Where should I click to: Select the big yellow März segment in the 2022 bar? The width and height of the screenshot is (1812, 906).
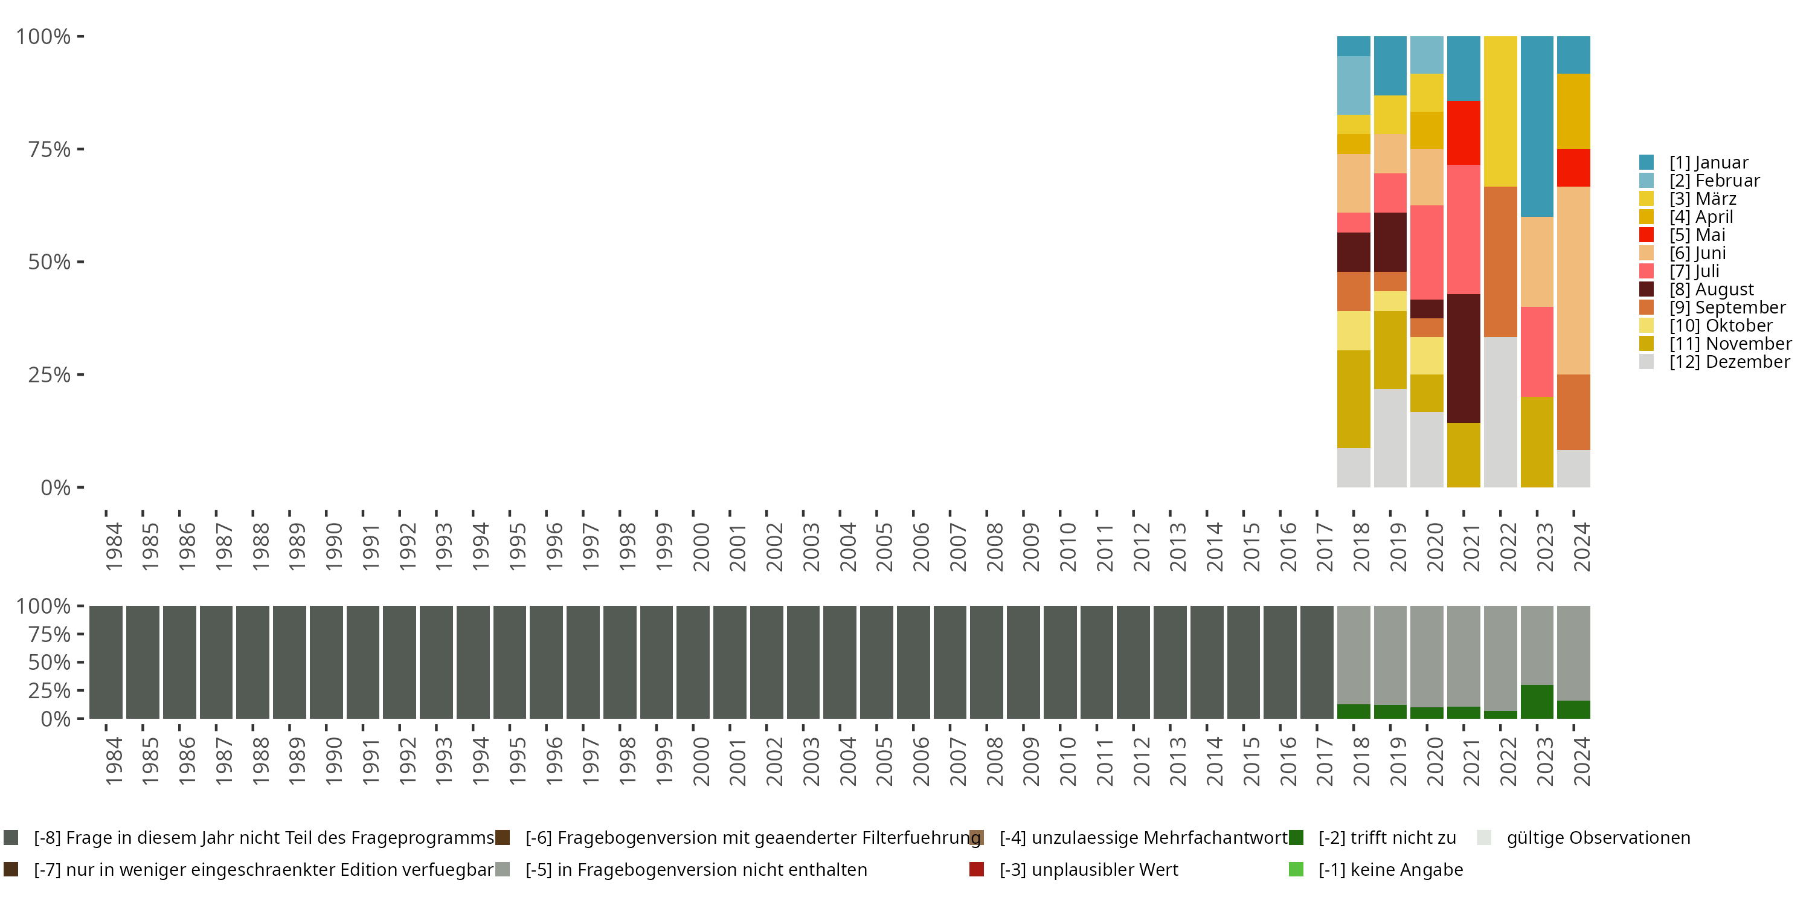click(x=1500, y=111)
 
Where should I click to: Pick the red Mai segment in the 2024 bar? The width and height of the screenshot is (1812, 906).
click(x=1573, y=167)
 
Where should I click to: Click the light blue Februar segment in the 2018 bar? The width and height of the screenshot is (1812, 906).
click(x=1354, y=85)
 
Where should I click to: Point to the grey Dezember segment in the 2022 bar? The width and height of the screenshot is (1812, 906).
click(x=1500, y=411)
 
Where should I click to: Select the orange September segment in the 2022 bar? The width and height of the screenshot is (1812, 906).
click(x=1500, y=262)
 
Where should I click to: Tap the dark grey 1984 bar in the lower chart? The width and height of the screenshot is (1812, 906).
click(x=106, y=662)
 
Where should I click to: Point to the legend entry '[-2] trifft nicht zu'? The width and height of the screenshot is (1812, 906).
click(x=1386, y=838)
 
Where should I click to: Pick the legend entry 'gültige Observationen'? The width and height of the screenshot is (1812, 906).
click(x=1598, y=838)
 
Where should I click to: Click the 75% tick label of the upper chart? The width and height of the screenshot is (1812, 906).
click(x=50, y=149)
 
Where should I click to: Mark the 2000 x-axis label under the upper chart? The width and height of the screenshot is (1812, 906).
click(x=701, y=547)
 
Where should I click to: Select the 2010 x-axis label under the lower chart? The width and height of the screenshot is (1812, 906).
click(x=1068, y=762)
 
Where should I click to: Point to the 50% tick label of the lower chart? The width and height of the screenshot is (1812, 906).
click(x=50, y=662)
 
